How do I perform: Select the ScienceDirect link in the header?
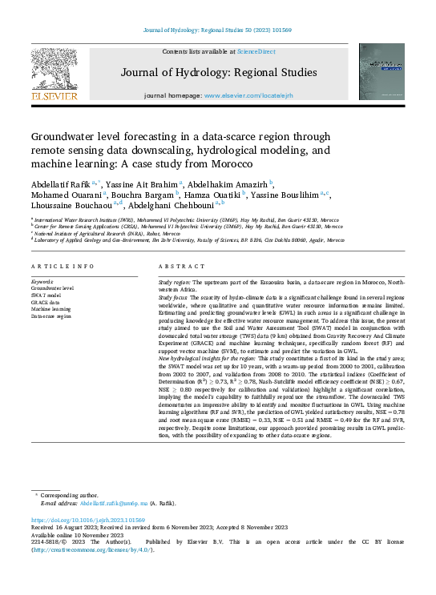coord(257,51)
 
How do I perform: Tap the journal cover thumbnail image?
coord(381,71)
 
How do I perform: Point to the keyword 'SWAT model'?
coord(47,296)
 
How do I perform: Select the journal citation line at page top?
coord(217,30)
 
